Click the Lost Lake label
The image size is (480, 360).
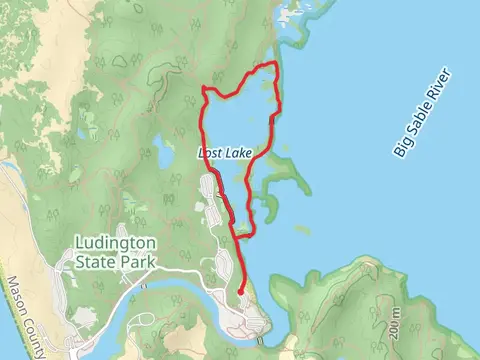[226, 153]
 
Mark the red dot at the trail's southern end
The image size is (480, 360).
[241, 291]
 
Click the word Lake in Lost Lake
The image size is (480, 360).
[238, 153]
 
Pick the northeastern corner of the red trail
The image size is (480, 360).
[274, 65]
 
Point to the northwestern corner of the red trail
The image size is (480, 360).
[204, 89]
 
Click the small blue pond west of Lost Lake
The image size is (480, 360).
[161, 155]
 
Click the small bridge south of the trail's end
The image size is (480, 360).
[259, 340]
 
